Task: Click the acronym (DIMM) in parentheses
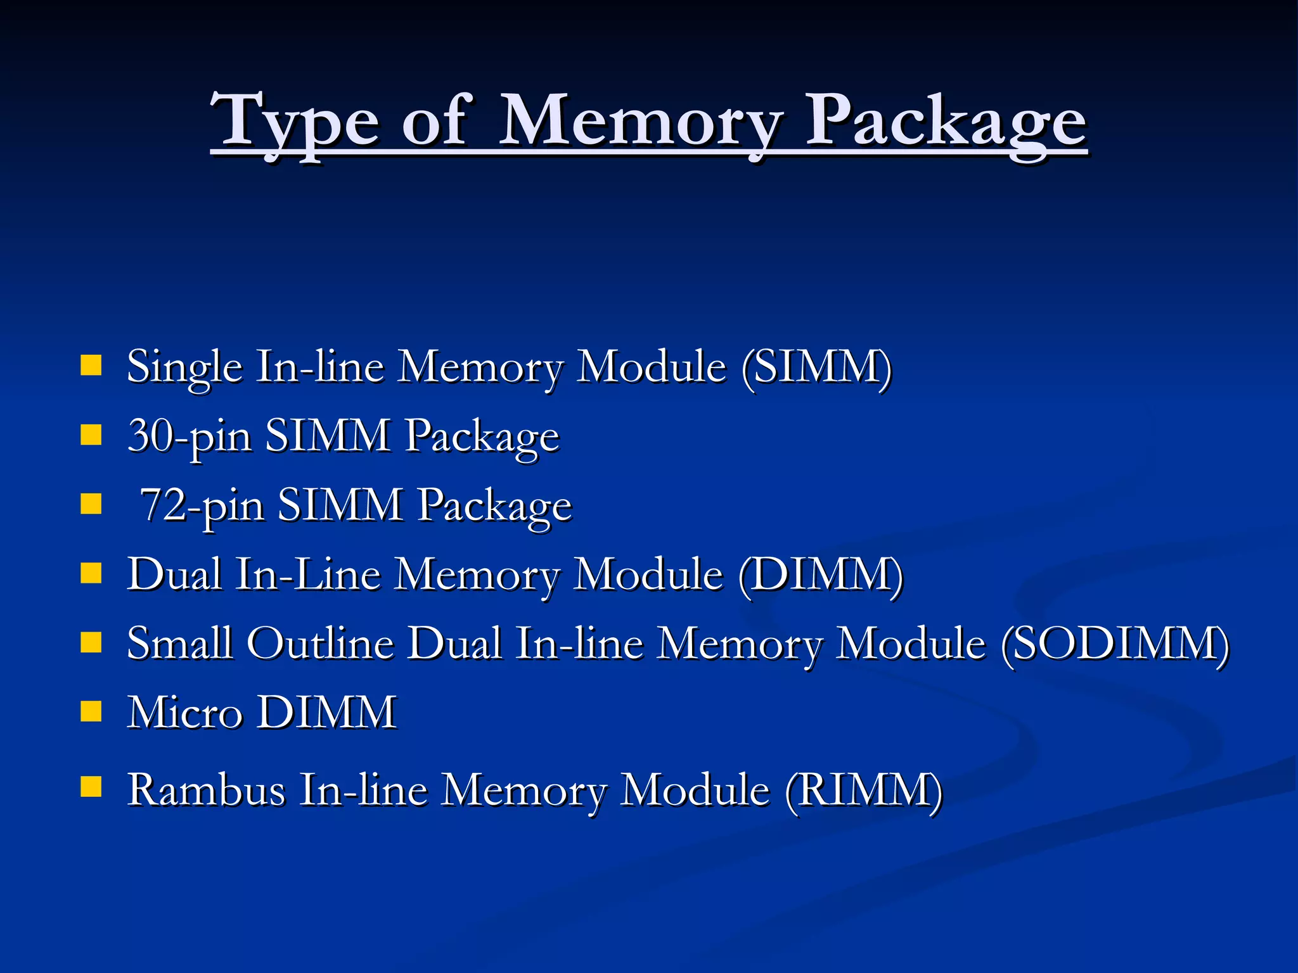click(x=821, y=575)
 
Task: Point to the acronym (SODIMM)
click(x=1115, y=644)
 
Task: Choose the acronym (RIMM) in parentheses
click(x=864, y=791)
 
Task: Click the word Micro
click(x=185, y=713)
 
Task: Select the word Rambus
click(x=207, y=791)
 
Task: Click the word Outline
click(x=321, y=644)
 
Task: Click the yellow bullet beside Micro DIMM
click(x=91, y=711)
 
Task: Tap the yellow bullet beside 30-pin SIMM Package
click(x=91, y=435)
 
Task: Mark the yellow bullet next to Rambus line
click(x=91, y=787)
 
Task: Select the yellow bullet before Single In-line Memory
click(x=91, y=366)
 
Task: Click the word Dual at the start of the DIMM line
click(x=175, y=575)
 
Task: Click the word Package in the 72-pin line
click(x=494, y=506)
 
